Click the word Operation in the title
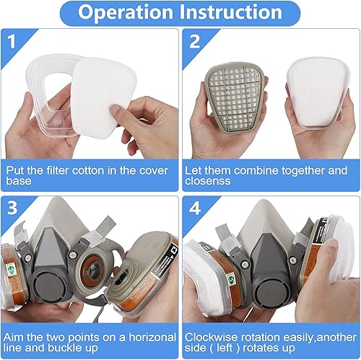[x=125, y=13]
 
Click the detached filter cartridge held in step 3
[x=149, y=267]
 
